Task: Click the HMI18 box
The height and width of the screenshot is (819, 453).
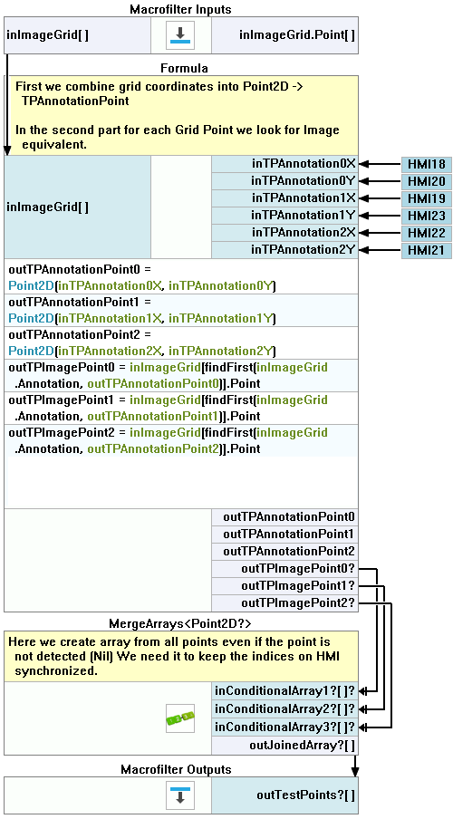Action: pos(427,164)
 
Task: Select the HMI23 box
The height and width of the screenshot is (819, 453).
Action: pos(427,216)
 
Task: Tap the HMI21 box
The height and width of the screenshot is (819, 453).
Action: pos(427,250)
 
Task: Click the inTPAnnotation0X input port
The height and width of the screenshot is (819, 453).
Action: pos(284,164)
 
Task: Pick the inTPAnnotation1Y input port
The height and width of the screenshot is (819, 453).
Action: pos(284,216)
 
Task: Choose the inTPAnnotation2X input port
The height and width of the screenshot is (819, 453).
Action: pos(284,233)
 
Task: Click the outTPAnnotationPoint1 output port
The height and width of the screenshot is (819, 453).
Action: pos(284,535)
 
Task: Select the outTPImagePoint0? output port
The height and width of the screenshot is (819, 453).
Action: pos(284,569)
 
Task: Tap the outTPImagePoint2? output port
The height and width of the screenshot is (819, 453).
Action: pos(284,603)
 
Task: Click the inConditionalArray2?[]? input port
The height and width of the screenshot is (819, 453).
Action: pos(284,708)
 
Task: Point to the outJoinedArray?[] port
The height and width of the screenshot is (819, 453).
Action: pos(284,746)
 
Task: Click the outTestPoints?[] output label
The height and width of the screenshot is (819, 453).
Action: pos(305,795)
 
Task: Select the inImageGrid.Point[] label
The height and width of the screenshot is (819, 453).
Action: pos(297,35)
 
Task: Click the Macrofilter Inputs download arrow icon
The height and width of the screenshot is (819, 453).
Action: pos(181,35)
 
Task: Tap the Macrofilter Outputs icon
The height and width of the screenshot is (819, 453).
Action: pos(181,795)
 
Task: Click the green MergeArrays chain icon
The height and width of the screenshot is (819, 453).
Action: pos(180,718)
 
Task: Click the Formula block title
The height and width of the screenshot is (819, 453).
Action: pos(184,69)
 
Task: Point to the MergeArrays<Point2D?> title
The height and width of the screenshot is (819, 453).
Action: pos(180,623)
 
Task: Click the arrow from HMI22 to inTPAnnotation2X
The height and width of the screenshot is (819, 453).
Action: pos(381,233)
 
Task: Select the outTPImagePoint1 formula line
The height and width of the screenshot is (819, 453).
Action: pos(169,408)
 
